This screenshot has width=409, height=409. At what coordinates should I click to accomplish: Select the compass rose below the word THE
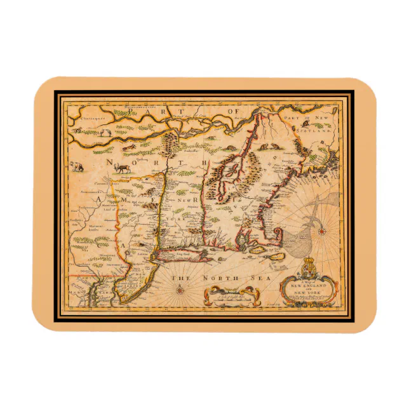(x=179, y=290)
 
